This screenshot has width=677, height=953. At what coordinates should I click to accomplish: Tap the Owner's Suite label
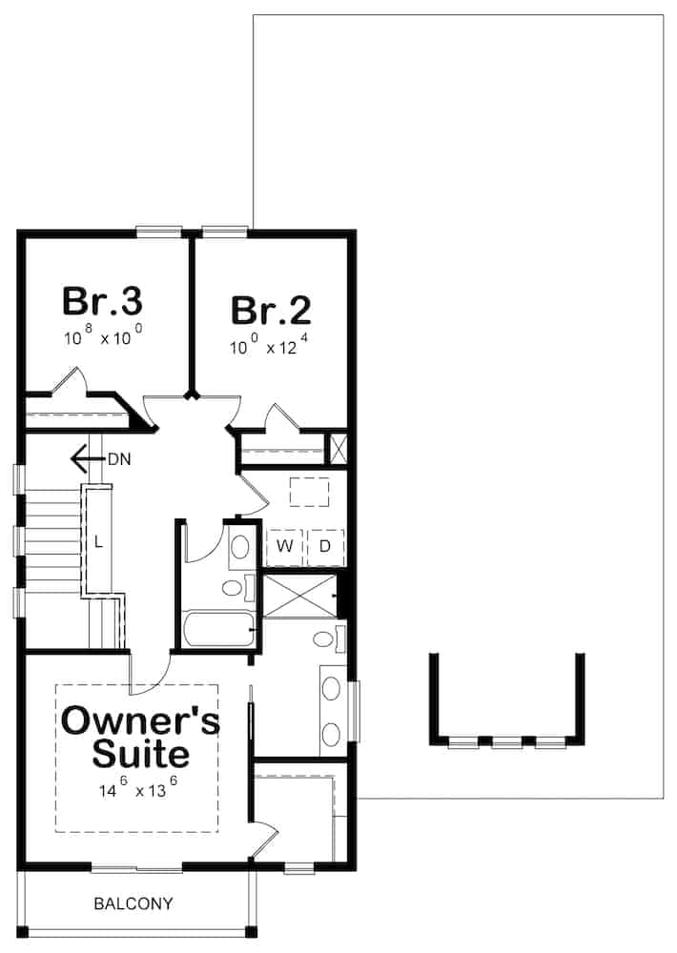tap(140, 737)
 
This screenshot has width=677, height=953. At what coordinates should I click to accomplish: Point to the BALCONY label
tap(133, 902)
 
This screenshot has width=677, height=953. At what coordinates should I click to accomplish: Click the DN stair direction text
tap(119, 459)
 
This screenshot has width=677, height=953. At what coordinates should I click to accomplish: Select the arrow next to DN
tap(87, 459)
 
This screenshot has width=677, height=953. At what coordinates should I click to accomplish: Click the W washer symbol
tap(284, 546)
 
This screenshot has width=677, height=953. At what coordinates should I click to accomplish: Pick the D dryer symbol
tap(324, 546)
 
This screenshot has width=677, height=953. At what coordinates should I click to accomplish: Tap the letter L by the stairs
tap(97, 542)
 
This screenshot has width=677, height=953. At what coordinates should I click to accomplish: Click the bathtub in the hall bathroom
tap(218, 629)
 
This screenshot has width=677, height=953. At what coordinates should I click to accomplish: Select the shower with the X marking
tap(299, 596)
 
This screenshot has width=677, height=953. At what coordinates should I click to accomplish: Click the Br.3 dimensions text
tap(103, 337)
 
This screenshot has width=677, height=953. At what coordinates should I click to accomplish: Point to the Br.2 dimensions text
tap(270, 347)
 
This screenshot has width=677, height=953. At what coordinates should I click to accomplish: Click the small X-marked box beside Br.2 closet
tap(337, 448)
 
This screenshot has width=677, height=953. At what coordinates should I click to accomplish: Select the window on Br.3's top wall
tap(158, 230)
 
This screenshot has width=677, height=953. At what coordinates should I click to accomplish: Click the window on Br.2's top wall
tap(226, 230)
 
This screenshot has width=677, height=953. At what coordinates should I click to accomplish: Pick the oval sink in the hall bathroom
tap(239, 546)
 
